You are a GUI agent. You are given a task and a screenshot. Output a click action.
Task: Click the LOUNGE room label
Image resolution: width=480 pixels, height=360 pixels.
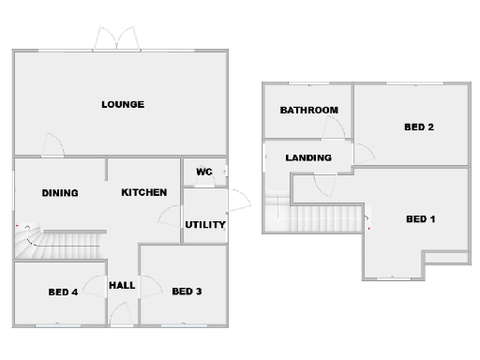click(x=123, y=104)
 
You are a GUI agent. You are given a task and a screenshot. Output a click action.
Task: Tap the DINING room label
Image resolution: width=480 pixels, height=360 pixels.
click(x=60, y=193)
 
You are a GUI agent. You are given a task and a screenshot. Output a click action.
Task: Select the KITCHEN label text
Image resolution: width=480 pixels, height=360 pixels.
click(x=144, y=192)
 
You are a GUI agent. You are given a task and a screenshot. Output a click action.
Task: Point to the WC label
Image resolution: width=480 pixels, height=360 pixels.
click(x=203, y=172)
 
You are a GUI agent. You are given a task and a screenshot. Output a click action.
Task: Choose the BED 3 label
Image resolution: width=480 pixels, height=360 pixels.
click(x=187, y=292)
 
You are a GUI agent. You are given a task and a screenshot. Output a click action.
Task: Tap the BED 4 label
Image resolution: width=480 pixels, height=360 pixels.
click(x=64, y=292)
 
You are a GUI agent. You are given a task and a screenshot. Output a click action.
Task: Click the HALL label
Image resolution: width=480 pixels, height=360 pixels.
click(x=123, y=285)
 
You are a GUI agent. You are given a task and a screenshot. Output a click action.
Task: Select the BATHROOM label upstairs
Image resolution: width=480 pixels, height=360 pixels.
click(x=308, y=110)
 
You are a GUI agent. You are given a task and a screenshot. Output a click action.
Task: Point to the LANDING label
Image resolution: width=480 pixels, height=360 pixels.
click(x=308, y=157)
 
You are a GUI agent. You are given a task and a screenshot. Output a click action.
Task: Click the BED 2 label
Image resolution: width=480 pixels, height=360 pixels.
click(x=417, y=127)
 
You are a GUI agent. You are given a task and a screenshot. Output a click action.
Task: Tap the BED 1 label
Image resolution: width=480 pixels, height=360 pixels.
click(x=421, y=219)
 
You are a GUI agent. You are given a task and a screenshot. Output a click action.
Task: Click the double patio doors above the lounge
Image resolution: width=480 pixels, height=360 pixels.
click(x=116, y=39)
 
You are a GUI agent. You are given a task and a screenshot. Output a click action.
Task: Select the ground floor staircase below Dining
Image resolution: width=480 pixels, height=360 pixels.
click(x=61, y=246)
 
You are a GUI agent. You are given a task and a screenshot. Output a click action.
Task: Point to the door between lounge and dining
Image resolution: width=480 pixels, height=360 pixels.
click(x=52, y=146)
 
